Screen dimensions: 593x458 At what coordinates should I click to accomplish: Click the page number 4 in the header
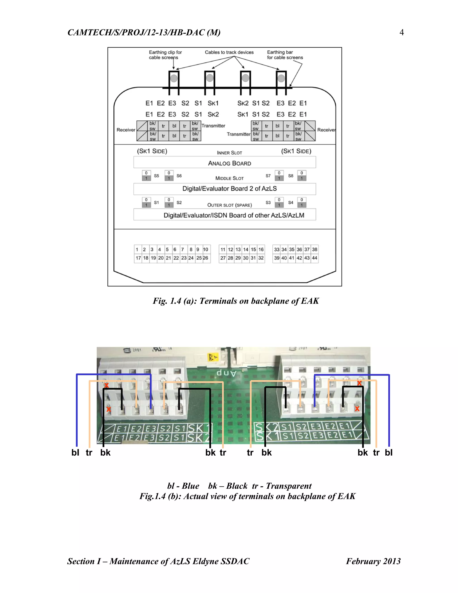(x=402, y=33)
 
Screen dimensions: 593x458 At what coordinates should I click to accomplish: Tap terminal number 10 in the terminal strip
(x=206, y=249)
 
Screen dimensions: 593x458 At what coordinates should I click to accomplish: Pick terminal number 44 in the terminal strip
(x=314, y=258)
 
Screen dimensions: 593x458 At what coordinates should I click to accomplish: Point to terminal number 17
(x=138, y=258)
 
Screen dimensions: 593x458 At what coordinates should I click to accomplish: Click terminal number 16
(x=261, y=249)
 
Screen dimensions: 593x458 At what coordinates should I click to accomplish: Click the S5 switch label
(x=157, y=176)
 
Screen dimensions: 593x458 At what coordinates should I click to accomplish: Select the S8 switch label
(x=290, y=176)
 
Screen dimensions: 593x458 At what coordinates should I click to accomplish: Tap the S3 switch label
(x=268, y=203)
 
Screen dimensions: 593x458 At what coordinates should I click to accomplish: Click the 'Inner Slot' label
(x=229, y=153)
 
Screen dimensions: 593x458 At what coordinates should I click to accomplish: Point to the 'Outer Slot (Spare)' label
(x=229, y=205)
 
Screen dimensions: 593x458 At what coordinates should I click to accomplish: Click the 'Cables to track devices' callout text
(x=229, y=52)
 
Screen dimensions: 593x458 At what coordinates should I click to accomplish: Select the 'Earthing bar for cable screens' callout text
(x=285, y=55)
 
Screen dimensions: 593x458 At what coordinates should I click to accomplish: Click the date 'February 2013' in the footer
(x=373, y=561)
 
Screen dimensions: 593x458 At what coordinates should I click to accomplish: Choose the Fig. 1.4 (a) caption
(x=236, y=301)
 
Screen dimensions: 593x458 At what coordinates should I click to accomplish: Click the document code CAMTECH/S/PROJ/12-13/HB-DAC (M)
(x=144, y=33)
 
